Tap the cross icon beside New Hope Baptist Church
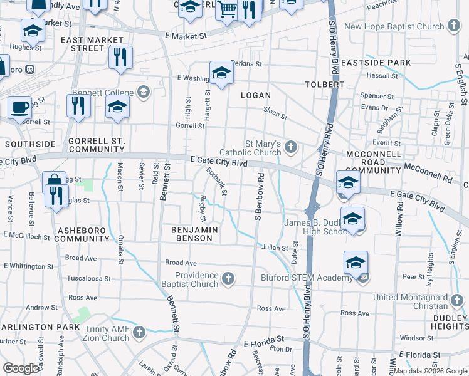pyautogui.click(x=455, y=26)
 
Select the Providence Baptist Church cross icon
pyautogui.click(x=229, y=278)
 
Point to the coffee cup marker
pyautogui.click(x=19, y=107)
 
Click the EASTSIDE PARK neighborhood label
pyautogui.click(x=384, y=63)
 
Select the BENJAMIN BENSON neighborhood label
pyautogui.click(x=195, y=234)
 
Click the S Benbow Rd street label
pyautogui.click(x=258, y=201)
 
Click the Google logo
pyautogui.click(x=21, y=368)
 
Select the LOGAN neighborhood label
pyautogui.click(x=256, y=95)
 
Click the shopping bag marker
pyautogui.click(x=55, y=183)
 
